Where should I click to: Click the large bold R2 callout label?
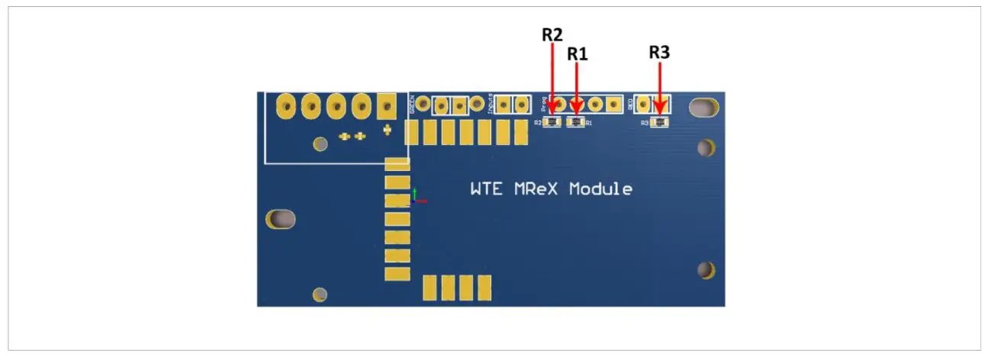coord(552,34)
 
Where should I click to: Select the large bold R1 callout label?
coord(578,54)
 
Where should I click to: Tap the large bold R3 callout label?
coord(659,53)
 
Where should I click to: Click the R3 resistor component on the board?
coord(659,122)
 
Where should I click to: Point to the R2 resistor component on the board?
coord(552,122)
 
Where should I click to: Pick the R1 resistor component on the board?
coord(576,122)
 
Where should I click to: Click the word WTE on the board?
coord(486,189)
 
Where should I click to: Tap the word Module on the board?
coord(600,189)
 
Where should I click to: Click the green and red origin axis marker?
coord(417,197)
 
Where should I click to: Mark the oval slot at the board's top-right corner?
coord(703,108)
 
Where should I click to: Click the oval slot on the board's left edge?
coord(281,219)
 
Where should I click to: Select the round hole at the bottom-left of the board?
coord(320,294)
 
